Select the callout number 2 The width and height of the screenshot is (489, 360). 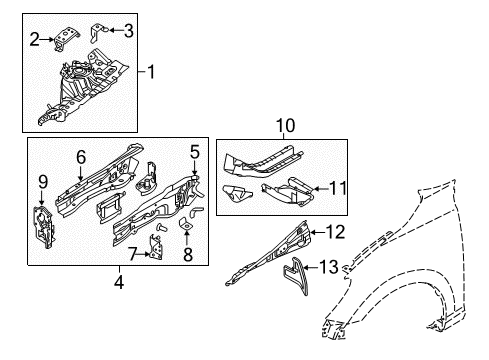pos(35,39)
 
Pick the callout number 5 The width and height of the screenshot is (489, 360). pos(196,152)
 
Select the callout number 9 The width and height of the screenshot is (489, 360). pos(42,181)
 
